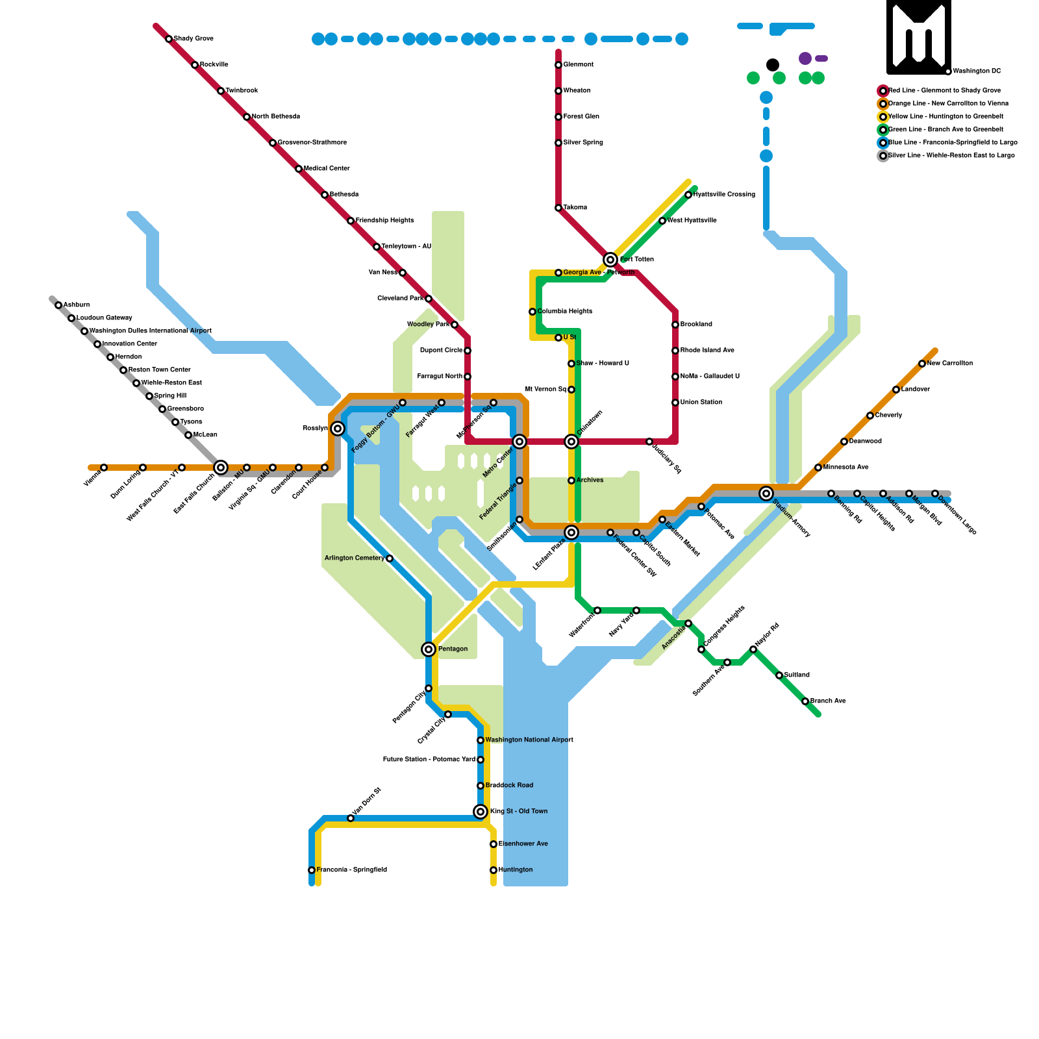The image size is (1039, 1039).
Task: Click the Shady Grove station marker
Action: (x=169, y=39)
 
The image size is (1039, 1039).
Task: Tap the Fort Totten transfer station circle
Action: (x=610, y=260)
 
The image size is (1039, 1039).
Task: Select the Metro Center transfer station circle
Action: (x=519, y=442)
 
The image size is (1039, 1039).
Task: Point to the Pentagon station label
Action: (x=453, y=649)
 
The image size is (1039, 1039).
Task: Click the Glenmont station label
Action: (x=578, y=65)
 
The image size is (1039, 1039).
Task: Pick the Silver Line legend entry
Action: (x=951, y=156)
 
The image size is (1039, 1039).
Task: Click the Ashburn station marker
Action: (x=58, y=305)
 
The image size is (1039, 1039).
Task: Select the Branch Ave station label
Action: (x=828, y=701)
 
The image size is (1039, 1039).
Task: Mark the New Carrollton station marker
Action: (x=922, y=364)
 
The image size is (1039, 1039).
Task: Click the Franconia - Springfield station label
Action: (x=351, y=870)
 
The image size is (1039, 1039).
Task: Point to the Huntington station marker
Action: (x=494, y=870)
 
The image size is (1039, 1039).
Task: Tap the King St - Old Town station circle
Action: (x=481, y=812)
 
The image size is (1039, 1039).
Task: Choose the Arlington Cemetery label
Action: (x=355, y=558)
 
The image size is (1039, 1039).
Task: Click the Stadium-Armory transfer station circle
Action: (x=766, y=494)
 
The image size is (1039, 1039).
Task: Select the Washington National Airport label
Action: (x=529, y=740)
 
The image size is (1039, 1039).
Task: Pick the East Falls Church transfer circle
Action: (x=221, y=468)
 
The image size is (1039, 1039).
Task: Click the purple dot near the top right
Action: (x=805, y=58)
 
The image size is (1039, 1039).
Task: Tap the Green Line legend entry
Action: (x=945, y=130)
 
